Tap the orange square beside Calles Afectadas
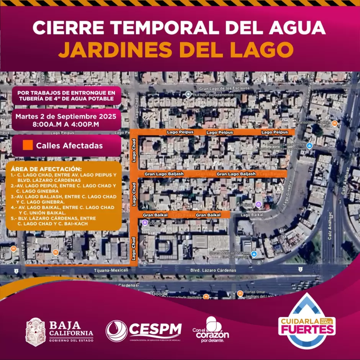coord(28,146)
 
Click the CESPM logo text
coord(155,329)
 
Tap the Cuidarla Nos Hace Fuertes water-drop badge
coord(306,321)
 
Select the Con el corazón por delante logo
coord(210,330)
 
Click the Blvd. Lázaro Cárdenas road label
coord(217,270)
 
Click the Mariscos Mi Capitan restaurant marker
coord(334,123)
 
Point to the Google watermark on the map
coord(159,293)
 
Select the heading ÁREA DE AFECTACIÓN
coord(46,169)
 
